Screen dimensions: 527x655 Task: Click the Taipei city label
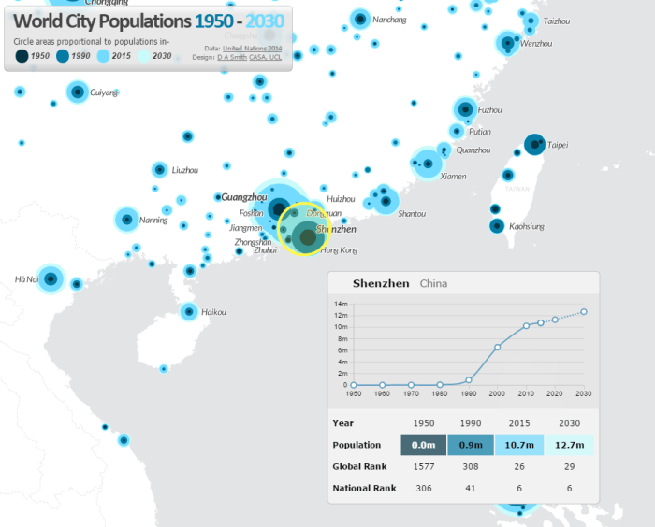pos(558,145)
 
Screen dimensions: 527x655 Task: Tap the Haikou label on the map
pos(213,312)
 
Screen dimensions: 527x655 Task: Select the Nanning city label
pos(153,221)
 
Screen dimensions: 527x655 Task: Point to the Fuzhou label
pos(489,110)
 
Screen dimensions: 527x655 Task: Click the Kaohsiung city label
pos(526,226)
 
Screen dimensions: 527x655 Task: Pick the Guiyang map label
pos(104,93)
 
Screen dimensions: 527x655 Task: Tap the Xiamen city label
pos(453,177)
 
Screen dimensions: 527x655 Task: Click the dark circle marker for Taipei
pos(533,144)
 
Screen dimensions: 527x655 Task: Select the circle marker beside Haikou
pos(188,312)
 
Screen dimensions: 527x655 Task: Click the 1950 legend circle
pos(22,56)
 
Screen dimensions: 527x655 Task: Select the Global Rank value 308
pos(469,466)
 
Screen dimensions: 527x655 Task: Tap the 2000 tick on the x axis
pos(497,394)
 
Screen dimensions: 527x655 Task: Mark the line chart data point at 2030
pos(584,312)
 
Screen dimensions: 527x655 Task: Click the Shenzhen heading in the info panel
pos(381,283)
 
